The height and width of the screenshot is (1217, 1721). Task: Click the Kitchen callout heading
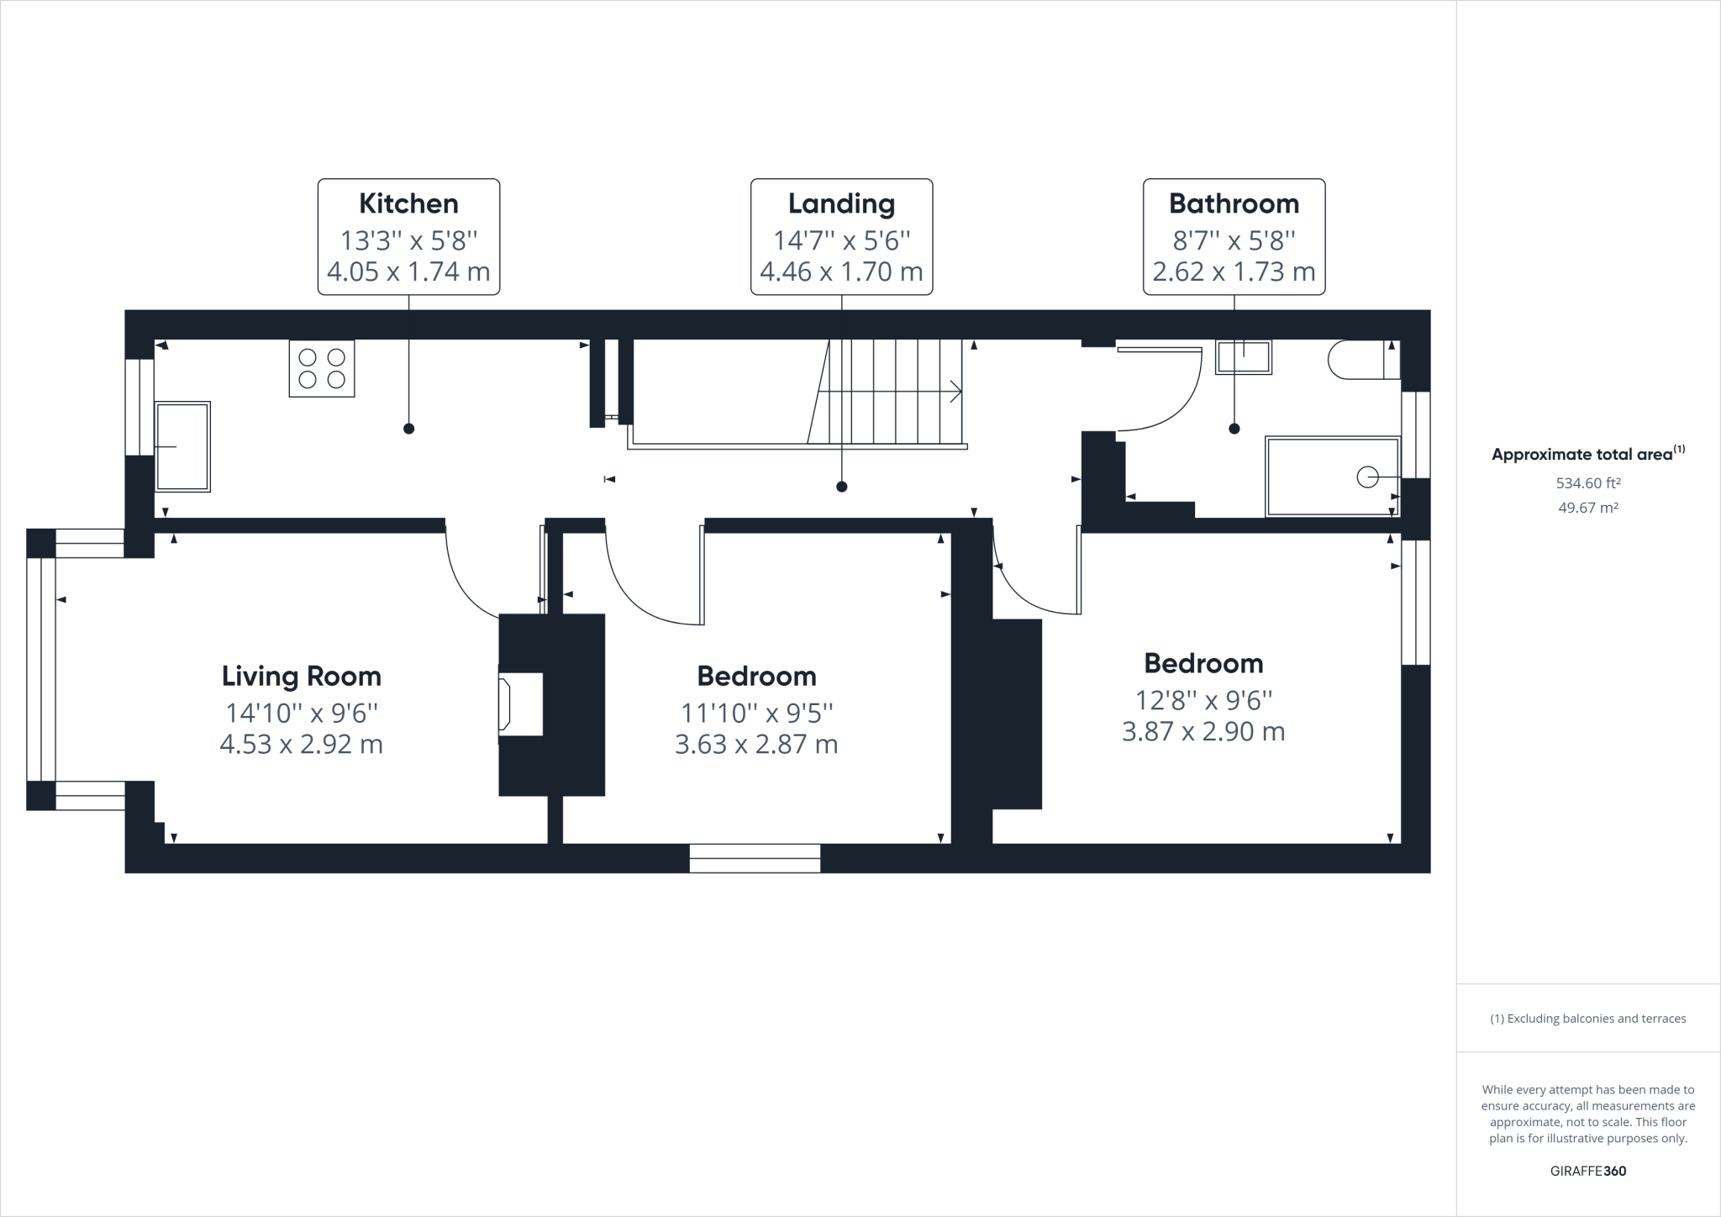coord(408,203)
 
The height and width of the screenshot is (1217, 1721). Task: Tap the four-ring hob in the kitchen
coord(322,368)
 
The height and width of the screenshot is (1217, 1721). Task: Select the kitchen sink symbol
coord(182,446)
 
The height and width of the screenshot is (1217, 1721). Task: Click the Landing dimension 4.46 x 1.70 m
coord(841,272)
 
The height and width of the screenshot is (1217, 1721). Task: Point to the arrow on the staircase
coord(955,392)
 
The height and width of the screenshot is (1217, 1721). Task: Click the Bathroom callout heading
coord(1234,203)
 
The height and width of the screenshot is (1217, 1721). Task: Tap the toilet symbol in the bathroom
coord(1361,360)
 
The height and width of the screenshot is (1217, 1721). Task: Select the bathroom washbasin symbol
coord(1244,356)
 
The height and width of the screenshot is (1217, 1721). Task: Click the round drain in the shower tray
coord(1367,477)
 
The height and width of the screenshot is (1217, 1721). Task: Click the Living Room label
coord(302,676)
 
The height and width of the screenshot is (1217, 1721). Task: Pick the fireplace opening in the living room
coord(519,704)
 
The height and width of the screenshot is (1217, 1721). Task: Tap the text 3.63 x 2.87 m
coord(756,745)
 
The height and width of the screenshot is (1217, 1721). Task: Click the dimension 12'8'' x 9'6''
coord(1203,699)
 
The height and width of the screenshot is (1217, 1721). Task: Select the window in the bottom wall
coord(755,858)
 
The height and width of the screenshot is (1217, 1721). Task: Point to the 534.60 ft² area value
coord(1587,483)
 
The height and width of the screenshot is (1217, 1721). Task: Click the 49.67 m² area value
coord(1587,508)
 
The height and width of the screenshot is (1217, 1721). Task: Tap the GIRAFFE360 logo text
coord(1587,1171)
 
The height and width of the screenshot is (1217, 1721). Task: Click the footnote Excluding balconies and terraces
coord(1587,1019)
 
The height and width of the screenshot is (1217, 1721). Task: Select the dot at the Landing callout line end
coord(841,487)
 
